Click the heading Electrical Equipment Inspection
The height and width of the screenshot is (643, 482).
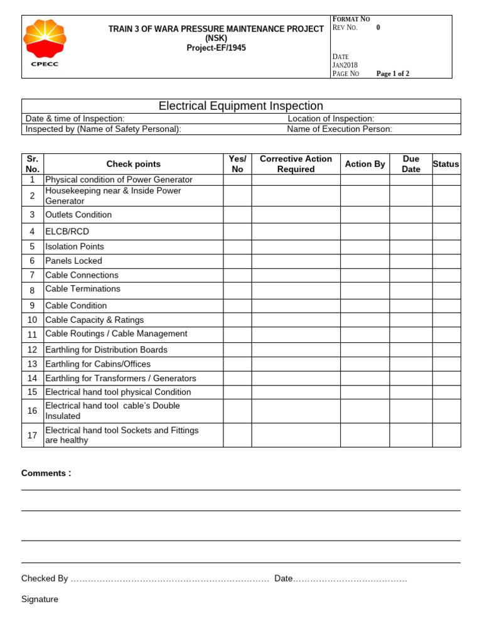tap(241, 106)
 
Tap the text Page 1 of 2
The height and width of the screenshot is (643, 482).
tap(392, 73)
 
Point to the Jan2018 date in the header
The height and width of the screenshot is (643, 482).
tap(345, 65)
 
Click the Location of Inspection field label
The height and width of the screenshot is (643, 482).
tap(331, 119)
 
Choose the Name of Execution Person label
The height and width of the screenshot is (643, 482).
tap(339, 129)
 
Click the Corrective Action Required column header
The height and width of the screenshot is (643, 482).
tap(296, 164)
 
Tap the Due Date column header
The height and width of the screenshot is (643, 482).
tap(410, 164)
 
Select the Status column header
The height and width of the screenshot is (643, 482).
tap(446, 164)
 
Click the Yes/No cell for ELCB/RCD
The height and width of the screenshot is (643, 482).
tap(237, 232)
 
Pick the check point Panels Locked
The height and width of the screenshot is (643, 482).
tap(73, 261)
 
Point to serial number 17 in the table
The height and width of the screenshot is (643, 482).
tap(32, 435)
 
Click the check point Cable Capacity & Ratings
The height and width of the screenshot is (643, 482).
tap(94, 320)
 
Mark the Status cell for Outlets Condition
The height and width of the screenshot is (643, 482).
tap(446, 215)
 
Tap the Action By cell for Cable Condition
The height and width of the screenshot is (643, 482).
tap(364, 306)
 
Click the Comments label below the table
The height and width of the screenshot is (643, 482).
tap(46, 473)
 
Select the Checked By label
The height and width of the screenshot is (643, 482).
tap(45, 578)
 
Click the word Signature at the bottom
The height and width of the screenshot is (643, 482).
tap(40, 599)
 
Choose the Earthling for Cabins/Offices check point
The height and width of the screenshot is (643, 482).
tap(98, 364)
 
